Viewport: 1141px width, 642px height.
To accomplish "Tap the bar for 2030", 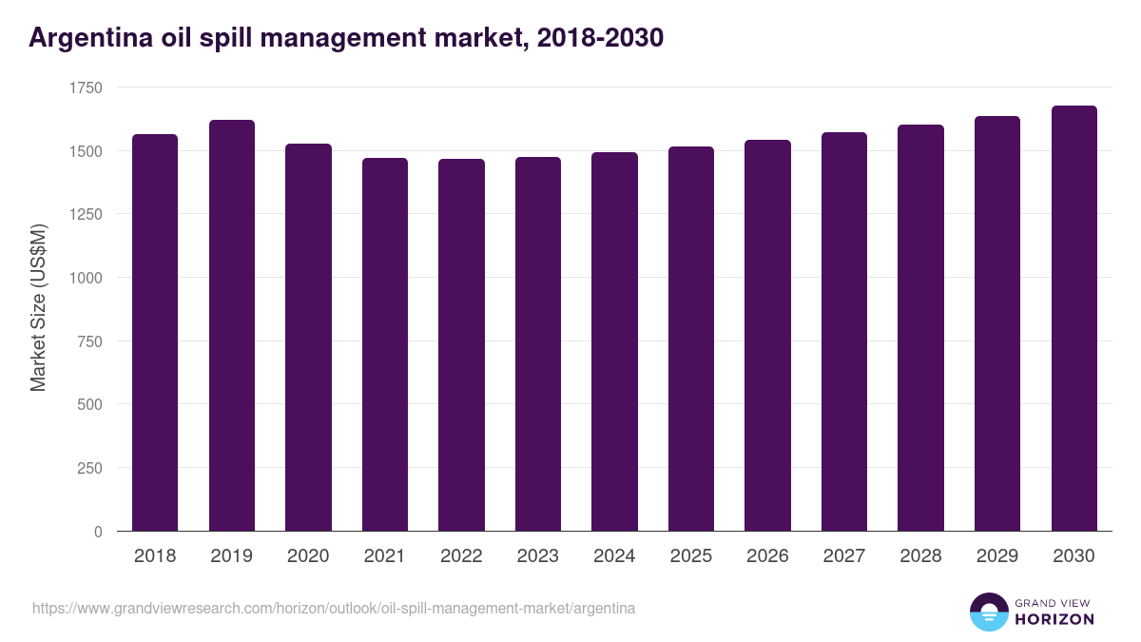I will (1073, 318).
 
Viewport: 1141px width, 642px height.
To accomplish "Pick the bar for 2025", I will (691, 339).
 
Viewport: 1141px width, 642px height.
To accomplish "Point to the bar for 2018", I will (155, 332).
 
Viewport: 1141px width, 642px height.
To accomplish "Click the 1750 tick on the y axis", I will (86, 88).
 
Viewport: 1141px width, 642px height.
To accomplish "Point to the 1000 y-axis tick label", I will (86, 278).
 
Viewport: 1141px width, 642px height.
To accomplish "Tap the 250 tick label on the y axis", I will (89, 468).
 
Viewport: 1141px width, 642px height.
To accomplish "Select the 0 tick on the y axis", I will (97, 532).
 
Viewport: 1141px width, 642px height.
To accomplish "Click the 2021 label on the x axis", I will (384, 556).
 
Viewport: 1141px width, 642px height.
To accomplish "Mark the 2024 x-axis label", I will (614, 556).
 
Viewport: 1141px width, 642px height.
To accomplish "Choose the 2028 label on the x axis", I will (920, 556).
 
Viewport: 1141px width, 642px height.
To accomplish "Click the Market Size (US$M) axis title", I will (38, 308).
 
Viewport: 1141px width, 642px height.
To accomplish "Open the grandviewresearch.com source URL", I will (334, 608).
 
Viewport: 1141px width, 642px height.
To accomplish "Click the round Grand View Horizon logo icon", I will (989, 612).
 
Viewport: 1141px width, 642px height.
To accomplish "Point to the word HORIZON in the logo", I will (1054, 619).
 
